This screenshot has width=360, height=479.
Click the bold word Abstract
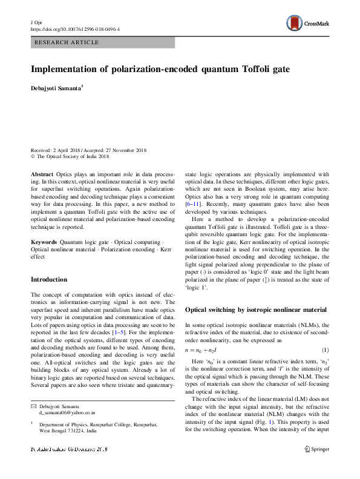(x=42, y=173)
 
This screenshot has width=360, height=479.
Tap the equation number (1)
(x=325, y=351)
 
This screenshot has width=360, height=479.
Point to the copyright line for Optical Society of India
(x=71, y=156)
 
